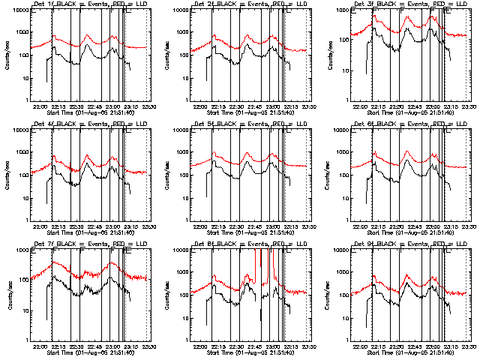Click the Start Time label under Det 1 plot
click(x=90, y=113)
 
